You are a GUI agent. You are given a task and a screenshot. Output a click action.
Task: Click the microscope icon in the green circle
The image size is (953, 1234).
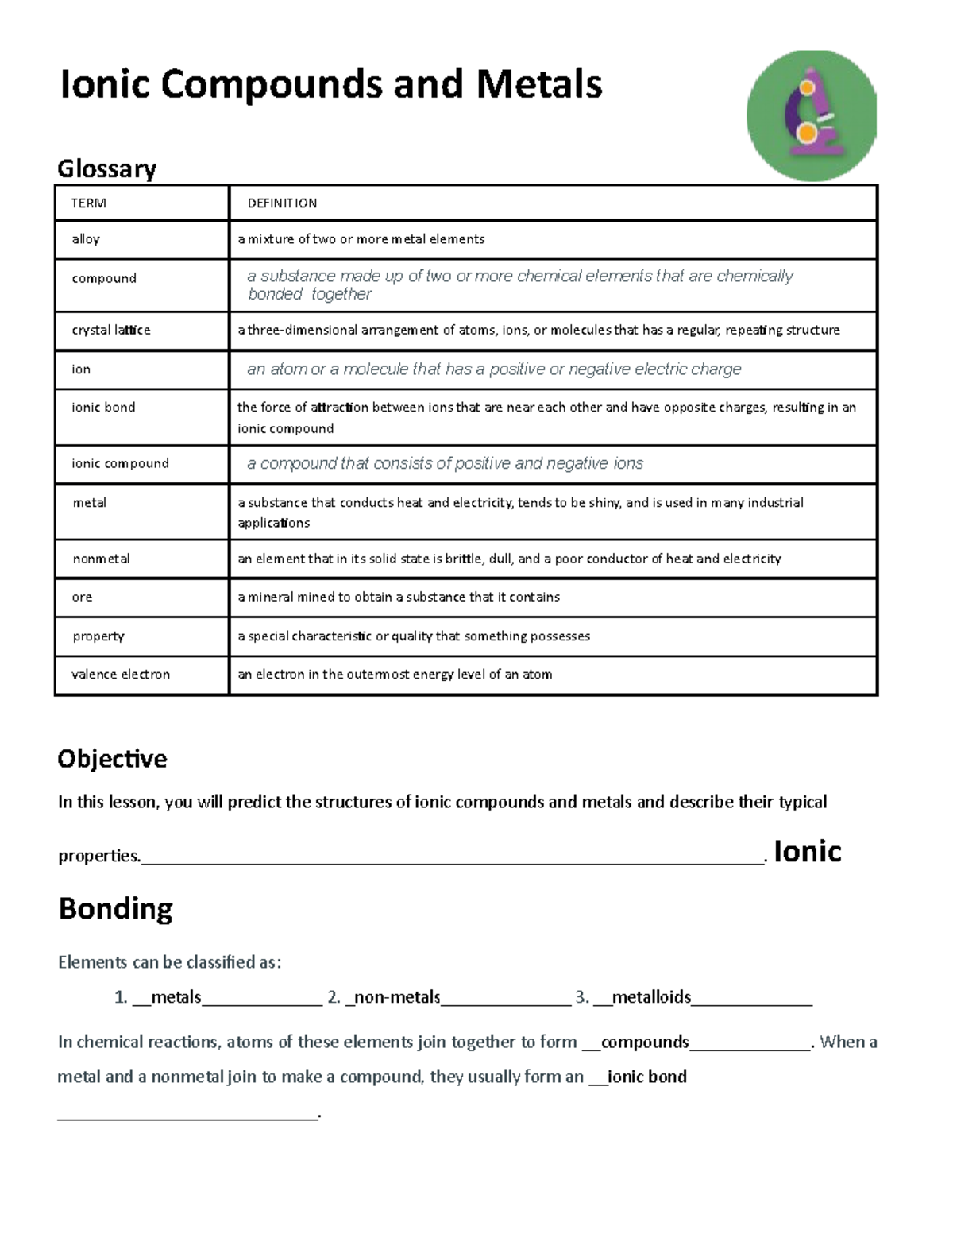[x=812, y=115]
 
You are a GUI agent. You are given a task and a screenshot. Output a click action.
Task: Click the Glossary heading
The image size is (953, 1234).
[x=106, y=168]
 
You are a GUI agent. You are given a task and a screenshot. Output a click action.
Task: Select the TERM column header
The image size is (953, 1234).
[x=88, y=203]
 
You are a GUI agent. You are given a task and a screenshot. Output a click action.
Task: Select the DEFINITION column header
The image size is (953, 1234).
[x=282, y=203]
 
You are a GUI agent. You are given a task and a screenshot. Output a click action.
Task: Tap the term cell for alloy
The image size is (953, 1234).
[x=86, y=239]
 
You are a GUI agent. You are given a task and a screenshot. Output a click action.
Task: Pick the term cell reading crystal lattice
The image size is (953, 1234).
[x=111, y=330]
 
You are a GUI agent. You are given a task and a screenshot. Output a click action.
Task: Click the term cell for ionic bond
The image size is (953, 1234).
[x=103, y=408]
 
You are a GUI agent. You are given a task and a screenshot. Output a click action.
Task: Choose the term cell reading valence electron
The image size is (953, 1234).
[x=121, y=675]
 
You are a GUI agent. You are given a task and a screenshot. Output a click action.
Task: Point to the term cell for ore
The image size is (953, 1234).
[x=82, y=597]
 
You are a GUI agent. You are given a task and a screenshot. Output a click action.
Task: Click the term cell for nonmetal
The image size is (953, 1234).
[x=101, y=559]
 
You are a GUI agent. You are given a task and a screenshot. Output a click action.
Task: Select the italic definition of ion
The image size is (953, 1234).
[x=493, y=369]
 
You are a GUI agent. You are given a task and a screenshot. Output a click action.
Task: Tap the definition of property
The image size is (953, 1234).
[x=414, y=636]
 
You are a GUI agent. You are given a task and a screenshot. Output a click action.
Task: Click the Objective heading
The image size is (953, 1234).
[x=112, y=759]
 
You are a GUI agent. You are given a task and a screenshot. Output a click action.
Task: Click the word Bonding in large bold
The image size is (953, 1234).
[x=116, y=908]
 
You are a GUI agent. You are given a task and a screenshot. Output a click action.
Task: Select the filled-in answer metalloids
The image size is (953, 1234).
[x=651, y=997]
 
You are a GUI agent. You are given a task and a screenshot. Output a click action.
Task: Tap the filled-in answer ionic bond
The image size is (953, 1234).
[x=646, y=1077]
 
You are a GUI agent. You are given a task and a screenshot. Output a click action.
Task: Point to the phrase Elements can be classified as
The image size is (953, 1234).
[x=169, y=962]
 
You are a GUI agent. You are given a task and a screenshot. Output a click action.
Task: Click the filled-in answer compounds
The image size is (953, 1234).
[x=645, y=1042]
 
